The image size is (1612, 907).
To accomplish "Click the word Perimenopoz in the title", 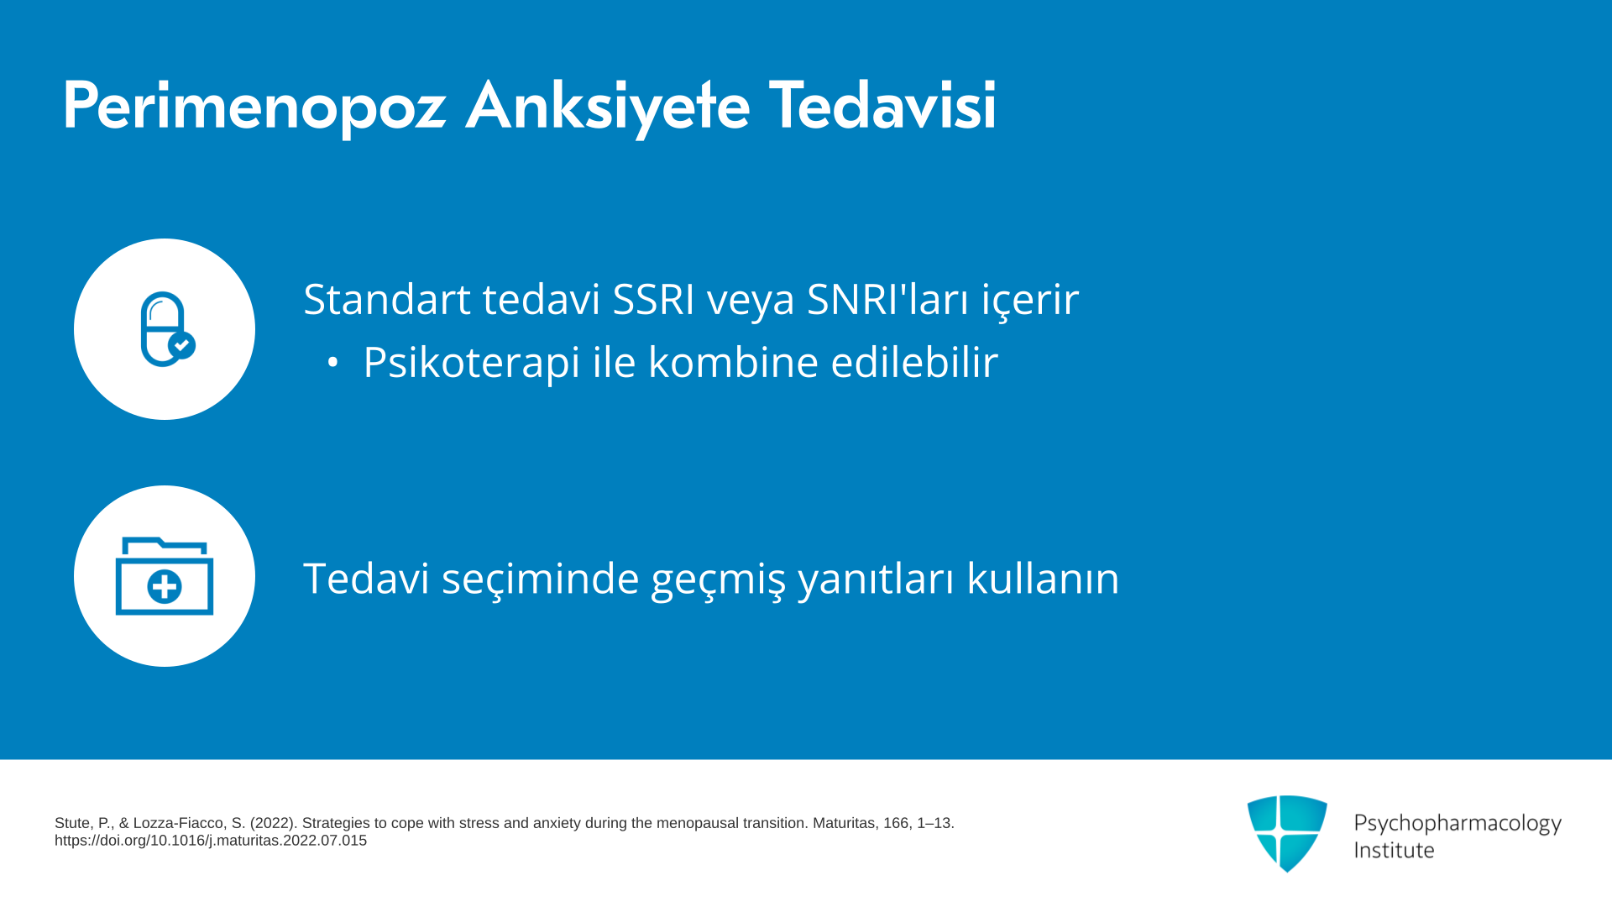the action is point(254,107).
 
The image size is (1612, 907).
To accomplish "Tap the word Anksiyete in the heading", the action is point(608,107).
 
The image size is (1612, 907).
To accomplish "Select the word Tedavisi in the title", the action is point(882,105).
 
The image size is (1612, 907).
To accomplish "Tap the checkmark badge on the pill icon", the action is point(181,345).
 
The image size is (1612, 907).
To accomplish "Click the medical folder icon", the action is point(165,576).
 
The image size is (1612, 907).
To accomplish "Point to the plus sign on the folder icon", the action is point(165,587).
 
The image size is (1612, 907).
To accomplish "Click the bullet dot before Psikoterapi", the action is point(332,363).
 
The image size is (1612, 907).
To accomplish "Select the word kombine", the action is point(733,362).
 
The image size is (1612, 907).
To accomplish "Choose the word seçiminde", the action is point(541,579).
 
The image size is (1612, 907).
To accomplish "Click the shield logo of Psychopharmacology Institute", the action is point(1287,833).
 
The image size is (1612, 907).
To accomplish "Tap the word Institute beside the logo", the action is point(1395,850).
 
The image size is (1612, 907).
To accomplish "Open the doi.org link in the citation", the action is point(211,841).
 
